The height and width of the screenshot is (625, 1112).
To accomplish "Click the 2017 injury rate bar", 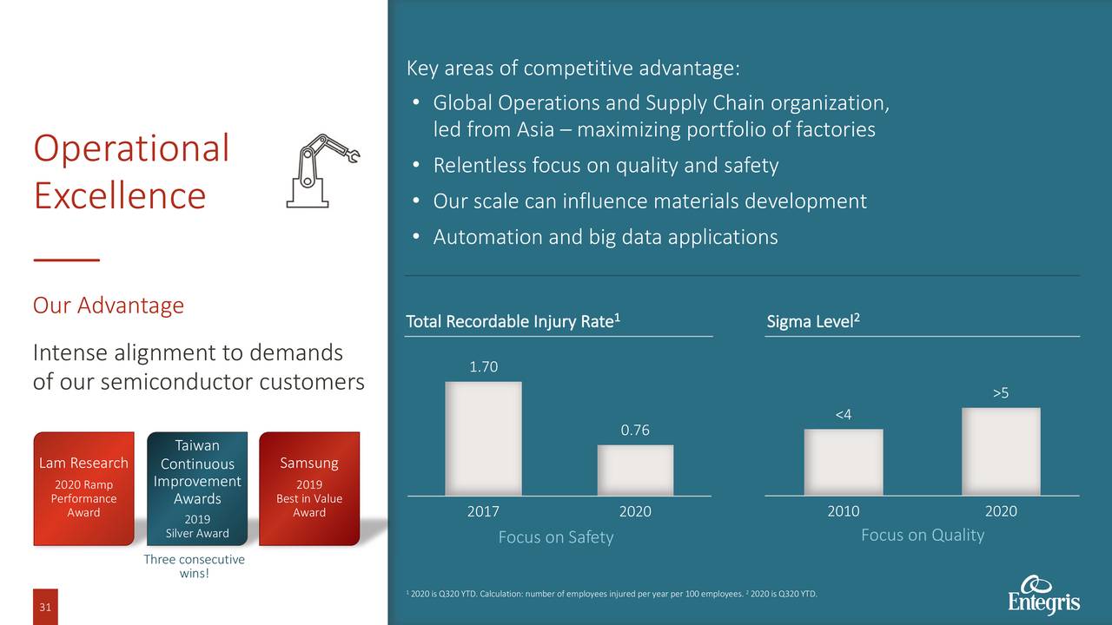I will click(483, 438).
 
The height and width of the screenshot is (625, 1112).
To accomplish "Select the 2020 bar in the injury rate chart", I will click(635, 470).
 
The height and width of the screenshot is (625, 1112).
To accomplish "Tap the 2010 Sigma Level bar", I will click(843, 462).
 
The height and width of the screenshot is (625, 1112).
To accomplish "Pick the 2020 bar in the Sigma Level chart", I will click(1001, 451).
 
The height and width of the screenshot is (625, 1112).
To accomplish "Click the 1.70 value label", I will click(483, 367).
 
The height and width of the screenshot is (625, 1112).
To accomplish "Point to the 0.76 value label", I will click(635, 431).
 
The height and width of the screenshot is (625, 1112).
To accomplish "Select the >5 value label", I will click(1001, 394).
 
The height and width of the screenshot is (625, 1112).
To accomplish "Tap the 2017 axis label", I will click(483, 512).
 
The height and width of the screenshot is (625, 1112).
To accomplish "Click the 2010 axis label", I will click(843, 512).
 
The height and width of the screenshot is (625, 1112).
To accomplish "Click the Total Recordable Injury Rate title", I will click(513, 323).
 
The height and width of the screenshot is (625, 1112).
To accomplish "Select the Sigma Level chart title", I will click(813, 323).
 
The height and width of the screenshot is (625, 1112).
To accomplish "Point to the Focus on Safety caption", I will click(556, 537).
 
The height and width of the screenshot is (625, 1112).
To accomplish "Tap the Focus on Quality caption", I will click(922, 535).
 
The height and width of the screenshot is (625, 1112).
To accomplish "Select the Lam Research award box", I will click(83, 488).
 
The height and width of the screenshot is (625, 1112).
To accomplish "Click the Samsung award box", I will click(309, 488).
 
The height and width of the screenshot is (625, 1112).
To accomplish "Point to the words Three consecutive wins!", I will click(194, 566).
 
